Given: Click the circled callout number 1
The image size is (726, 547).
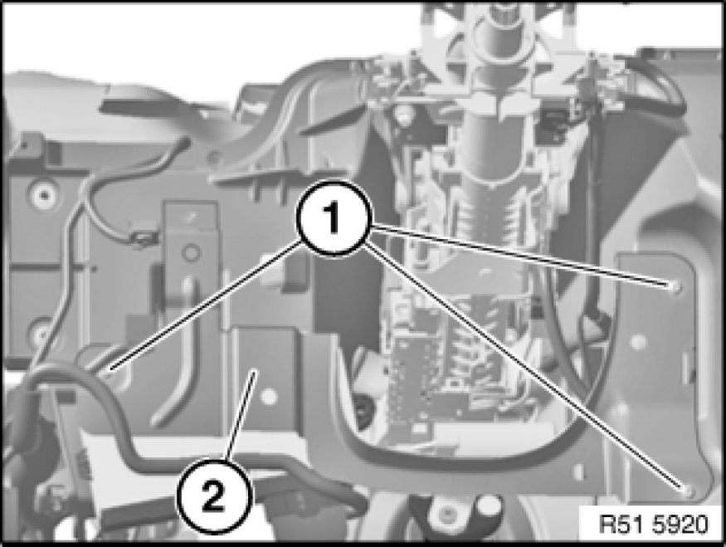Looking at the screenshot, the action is (333, 218).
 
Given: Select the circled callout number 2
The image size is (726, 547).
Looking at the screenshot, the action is (213, 497).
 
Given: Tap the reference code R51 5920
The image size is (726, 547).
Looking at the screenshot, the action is (654, 525).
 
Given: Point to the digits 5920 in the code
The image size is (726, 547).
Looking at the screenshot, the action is (681, 525).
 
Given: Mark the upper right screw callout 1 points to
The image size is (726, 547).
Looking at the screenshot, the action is (676, 288).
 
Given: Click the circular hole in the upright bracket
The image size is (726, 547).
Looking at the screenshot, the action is (190, 253).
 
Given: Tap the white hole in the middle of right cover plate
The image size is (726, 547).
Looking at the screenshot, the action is (639, 342).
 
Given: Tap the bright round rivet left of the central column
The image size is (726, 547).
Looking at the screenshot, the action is (402, 111).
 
